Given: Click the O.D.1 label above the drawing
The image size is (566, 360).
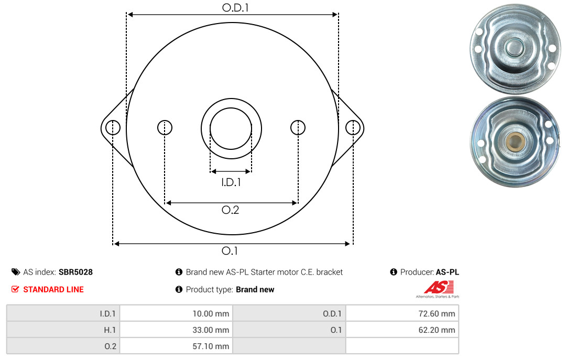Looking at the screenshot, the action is click(235, 7).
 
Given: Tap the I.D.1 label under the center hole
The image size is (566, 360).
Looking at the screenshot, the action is click(231, 182).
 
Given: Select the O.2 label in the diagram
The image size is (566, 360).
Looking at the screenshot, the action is click(230, 210).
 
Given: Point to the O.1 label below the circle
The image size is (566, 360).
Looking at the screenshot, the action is click(230, 250).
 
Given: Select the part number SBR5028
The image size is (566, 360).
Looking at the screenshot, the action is click(76, 272).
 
